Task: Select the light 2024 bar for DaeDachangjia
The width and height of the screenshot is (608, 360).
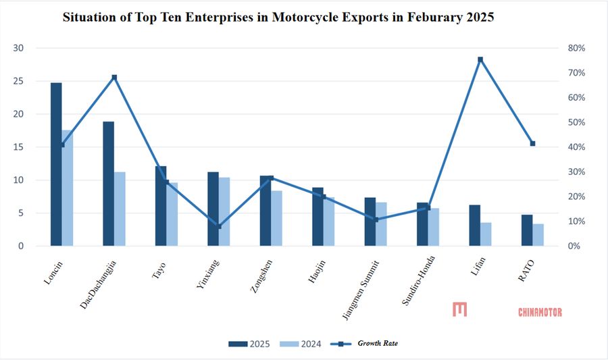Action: tap(120, 209)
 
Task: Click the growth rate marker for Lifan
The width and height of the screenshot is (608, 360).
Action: tap(480, 59)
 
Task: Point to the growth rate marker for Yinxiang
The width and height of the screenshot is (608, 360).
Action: tap(219, 226)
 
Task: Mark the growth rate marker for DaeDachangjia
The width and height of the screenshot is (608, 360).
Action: tap(114, 77)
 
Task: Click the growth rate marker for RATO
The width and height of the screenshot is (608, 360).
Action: tap(532, 143)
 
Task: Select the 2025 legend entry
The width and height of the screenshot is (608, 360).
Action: tap(249, 344)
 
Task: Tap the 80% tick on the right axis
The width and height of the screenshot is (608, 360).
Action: tap(576, 48)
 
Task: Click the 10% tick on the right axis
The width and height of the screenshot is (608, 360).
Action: tap(576, 222)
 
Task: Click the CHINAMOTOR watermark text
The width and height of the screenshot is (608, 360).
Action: tap(540, 311)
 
